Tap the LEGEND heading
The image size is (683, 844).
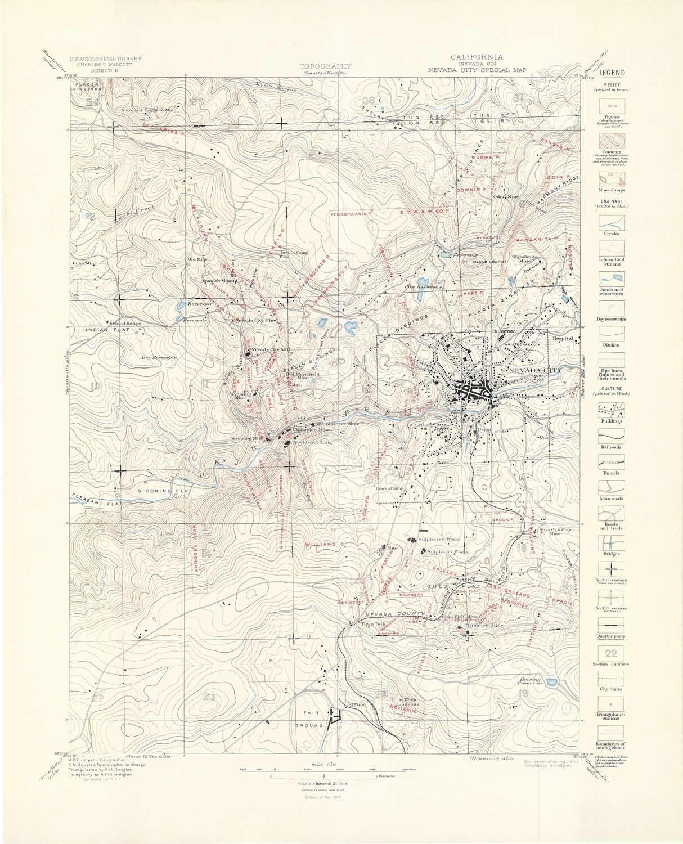click(611, 73)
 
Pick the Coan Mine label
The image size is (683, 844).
click(84, 263)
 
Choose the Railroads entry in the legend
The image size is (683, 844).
click(610, 446)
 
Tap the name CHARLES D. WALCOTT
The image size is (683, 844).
click(105, 65)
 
